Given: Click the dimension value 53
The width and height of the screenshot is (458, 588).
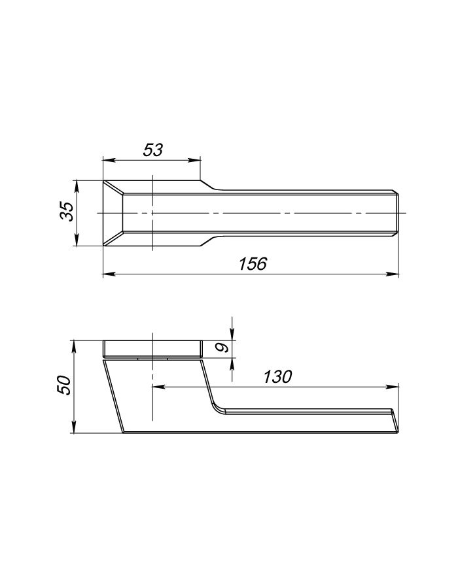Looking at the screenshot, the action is [153, 150].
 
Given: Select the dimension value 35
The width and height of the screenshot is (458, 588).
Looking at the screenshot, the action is [67, 212].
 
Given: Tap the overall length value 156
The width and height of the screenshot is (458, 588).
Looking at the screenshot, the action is [253, 264].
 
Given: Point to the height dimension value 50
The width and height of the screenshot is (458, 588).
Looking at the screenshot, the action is [64, 385].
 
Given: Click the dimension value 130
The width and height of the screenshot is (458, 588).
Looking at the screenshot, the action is [277, 377].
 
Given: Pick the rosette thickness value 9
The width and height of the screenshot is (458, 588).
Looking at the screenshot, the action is [223, 348].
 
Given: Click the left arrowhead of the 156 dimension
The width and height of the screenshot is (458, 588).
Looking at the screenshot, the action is [109, 274].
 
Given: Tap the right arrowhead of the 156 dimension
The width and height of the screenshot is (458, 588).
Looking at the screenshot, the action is [393, 274].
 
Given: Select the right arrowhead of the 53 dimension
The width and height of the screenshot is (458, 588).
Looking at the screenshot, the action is [195, 161].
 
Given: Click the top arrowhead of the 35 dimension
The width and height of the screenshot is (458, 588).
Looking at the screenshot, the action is [77, 186].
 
